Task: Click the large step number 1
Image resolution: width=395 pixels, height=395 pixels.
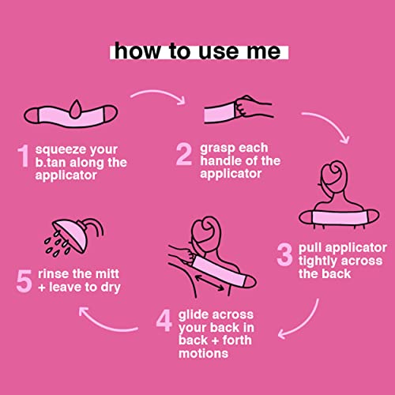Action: tap(24, 156)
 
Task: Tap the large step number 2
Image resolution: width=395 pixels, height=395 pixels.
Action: tap(184, 154)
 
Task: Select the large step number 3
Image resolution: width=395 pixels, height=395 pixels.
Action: tap(284, 254)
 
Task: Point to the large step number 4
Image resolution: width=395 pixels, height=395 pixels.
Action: tap(164, 321)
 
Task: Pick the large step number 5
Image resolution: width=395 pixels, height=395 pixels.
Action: tap(24, 281)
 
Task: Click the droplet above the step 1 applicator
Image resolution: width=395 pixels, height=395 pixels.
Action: tap(76, 109)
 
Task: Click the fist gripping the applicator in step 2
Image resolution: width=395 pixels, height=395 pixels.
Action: tap(246, 107)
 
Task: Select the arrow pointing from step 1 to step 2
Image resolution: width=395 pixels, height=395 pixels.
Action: tap(159, 93)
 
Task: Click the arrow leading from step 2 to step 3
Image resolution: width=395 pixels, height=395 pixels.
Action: tap(333, 122)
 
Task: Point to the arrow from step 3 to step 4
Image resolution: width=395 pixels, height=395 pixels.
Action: tap(306, 325)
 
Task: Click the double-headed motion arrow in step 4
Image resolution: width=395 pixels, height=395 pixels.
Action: tap(209, 282)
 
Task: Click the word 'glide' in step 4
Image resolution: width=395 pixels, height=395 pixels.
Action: tap(194, 315)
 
